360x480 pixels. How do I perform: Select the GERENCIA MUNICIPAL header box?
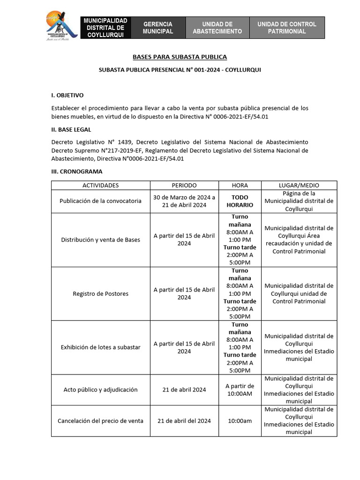pos(158,28)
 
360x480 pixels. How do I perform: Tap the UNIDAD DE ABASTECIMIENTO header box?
pos(217,28)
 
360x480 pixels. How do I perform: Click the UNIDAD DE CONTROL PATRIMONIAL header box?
pos(286,28)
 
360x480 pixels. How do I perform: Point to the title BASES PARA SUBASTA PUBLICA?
pos(180,57)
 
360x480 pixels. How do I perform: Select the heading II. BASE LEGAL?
pos(71,129)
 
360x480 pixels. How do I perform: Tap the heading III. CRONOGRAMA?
pos(77,172)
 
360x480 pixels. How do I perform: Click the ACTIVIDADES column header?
pos(100,185)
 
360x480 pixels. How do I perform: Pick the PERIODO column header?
pos(184,185)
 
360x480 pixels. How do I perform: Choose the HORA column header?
pos(240,185)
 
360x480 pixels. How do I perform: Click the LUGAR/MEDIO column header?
pos(299,185)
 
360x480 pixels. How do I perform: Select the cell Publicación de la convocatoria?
pos(100,201)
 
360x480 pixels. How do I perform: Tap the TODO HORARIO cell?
pos(240,201)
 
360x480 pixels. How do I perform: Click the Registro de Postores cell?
pos(100,293)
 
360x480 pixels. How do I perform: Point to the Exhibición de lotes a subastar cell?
pos(100,347)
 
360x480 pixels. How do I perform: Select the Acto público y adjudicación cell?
pos(100,390)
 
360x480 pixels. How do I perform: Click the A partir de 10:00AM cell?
pos(240,390)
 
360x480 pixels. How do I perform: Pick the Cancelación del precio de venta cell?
pos(100,420)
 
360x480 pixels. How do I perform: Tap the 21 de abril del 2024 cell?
pos(184,420)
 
